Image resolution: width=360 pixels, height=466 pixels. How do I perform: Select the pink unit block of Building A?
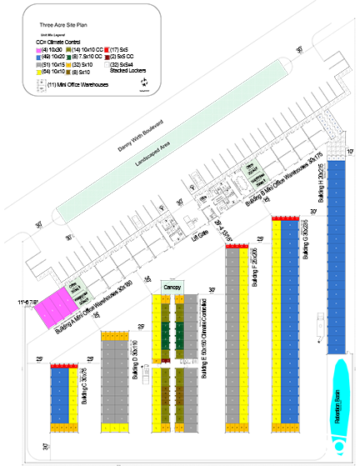tap(52, 307)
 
